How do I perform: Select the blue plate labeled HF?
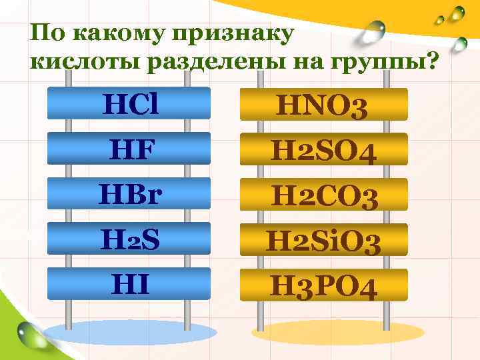pyautogui.click(x=130, y=148)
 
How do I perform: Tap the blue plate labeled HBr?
pyautogui.click(x=130, y=193)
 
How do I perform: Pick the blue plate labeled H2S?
pyautogui.click(x=130, y=238)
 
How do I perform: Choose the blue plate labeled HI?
pyautogui.click(x=130, y=283)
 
